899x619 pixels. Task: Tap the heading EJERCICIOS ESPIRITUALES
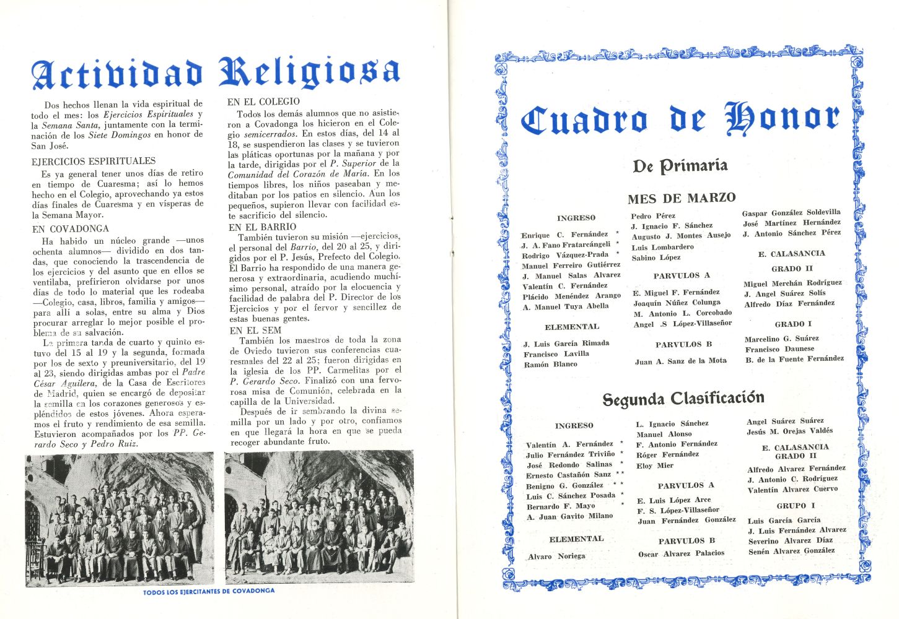(x=94, y=161)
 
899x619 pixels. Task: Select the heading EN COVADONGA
(x=70, y=228)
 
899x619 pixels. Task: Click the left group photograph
(x=120, y=519)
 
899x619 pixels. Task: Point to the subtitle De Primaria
(x=680, y=166)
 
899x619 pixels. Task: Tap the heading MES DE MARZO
(x=682, y=198)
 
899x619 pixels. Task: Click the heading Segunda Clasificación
(x=683, y=399)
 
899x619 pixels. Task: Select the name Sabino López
(x=656, y=258)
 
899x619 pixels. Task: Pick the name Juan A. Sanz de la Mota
(x=680, y=361)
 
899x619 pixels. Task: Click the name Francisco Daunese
(x=779, y=349)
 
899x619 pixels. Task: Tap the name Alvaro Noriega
(x=556, y=556)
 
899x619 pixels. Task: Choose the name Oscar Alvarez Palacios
(x=681, y=553)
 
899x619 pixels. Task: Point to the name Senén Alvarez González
(x=791, y=551)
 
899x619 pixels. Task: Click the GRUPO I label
(x=792, y=506)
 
